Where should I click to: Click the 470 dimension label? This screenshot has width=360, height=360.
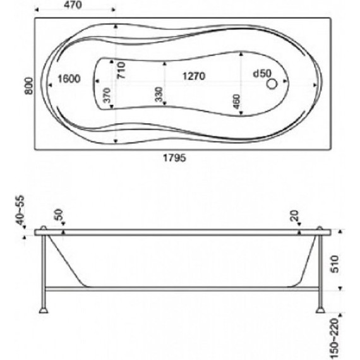click(73, 5)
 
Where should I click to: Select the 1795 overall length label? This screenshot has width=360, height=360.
click(174, 158)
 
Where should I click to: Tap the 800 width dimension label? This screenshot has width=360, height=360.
click(29, 86)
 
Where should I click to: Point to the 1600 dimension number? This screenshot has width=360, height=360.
click(69, 79)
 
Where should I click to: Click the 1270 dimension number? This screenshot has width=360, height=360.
click(194, 76)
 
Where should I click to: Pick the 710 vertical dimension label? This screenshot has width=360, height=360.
click(121, 70)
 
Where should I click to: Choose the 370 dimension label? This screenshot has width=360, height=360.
click(107, 95)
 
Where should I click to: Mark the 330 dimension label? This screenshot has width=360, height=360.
click(159, 94)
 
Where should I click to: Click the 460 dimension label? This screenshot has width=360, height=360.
click(236, 102)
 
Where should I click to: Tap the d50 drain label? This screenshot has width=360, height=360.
click(262, 74)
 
